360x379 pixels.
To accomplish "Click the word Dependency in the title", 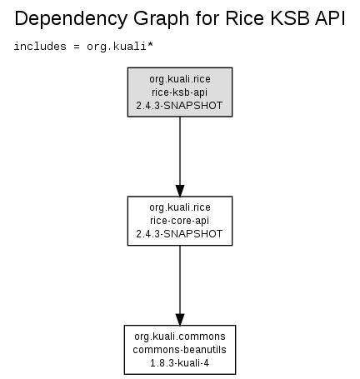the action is click(x=71, y=19).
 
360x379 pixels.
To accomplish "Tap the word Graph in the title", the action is click(x=162, y=19).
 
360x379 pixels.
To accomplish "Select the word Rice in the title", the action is click(x=245, y=18).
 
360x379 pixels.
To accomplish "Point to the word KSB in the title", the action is click(x=289, y=18).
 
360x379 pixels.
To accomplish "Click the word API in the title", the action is click(x=330, y=18).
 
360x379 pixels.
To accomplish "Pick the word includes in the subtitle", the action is click(x=40, y=47).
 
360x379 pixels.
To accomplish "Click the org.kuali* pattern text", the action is click(x=120, y=47).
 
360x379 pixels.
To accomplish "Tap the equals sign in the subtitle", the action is click(x=77, y=47).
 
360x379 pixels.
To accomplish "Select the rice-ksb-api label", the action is click(x=180, y=92).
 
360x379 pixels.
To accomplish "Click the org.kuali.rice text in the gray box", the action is click(x=180, y=79).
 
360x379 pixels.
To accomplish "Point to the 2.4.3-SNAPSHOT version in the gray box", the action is click(x=179, y=106).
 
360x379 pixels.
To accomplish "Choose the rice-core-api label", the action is click(x=179, y=221).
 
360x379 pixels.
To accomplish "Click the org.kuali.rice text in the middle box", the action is click(x=180, y=207).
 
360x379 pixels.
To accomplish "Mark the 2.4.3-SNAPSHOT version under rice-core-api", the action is click(x=179, y=234).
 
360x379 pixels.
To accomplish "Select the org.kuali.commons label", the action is click(x=180, y=337).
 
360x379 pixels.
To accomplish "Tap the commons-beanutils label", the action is click(x=179, y=350).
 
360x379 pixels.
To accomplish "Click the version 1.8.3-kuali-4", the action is click(x=179, y=363).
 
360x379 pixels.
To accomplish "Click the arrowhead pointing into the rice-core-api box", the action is click(x=180, y=191).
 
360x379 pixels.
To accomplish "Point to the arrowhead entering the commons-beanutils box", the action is click(x=180, y=320).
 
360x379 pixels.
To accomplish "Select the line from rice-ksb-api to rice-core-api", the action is click(x=180, y=151).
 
